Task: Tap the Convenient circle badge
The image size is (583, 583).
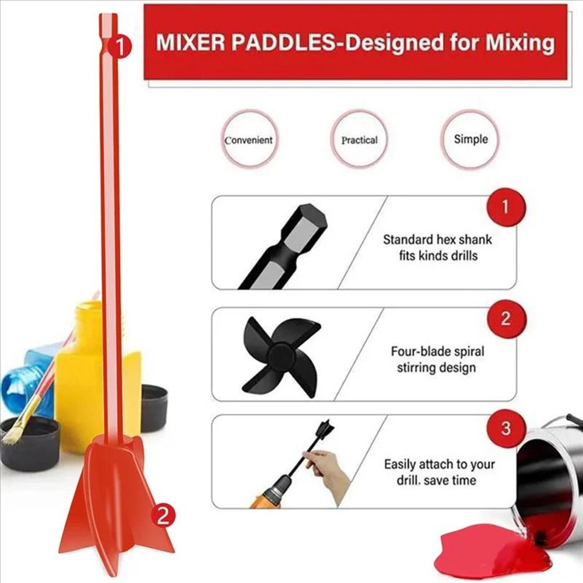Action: [x=249, y=140]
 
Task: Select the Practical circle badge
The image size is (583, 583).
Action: [x=359, y=140]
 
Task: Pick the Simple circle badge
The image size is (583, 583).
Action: [x=470, y=139]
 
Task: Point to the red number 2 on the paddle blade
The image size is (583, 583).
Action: [x=164, y=515]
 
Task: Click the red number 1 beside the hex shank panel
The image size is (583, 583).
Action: [x=505, y=206]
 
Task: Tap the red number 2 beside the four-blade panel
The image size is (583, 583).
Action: [x=505, y=318]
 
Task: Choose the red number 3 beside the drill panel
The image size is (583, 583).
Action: [x=505, y=429]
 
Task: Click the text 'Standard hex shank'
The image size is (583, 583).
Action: [x=437, y=239]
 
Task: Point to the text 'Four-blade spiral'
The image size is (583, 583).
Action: [x=437, y=352]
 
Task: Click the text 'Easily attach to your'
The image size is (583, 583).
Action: [x=439, y=465]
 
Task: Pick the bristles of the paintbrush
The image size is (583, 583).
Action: [x=15, y=431]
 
